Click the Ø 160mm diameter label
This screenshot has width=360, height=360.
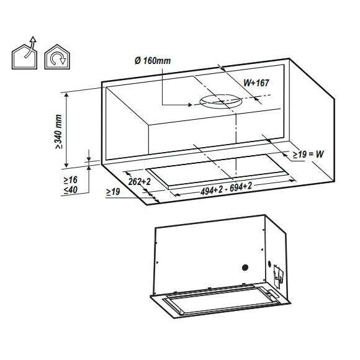pyautogui.click(x=153, y=61)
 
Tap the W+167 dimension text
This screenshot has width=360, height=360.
pyautogui.click(x=256, y=83)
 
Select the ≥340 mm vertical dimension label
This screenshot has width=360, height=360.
pyautogui.click(x=58, y=132)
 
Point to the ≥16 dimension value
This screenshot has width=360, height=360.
pyautogui.click(x=71, y=180)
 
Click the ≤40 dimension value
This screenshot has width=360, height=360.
pyautogui.click(x=71, y=190)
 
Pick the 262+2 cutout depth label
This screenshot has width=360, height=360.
pyautogui.click(x=140, y=182)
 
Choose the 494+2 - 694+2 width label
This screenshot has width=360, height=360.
pyautogui.click(x=226, y=189)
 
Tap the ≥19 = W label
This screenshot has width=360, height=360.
pyautogui.click(x=308, y=155)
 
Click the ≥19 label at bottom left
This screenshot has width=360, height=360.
pyautogui.click(x=113, y=191)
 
